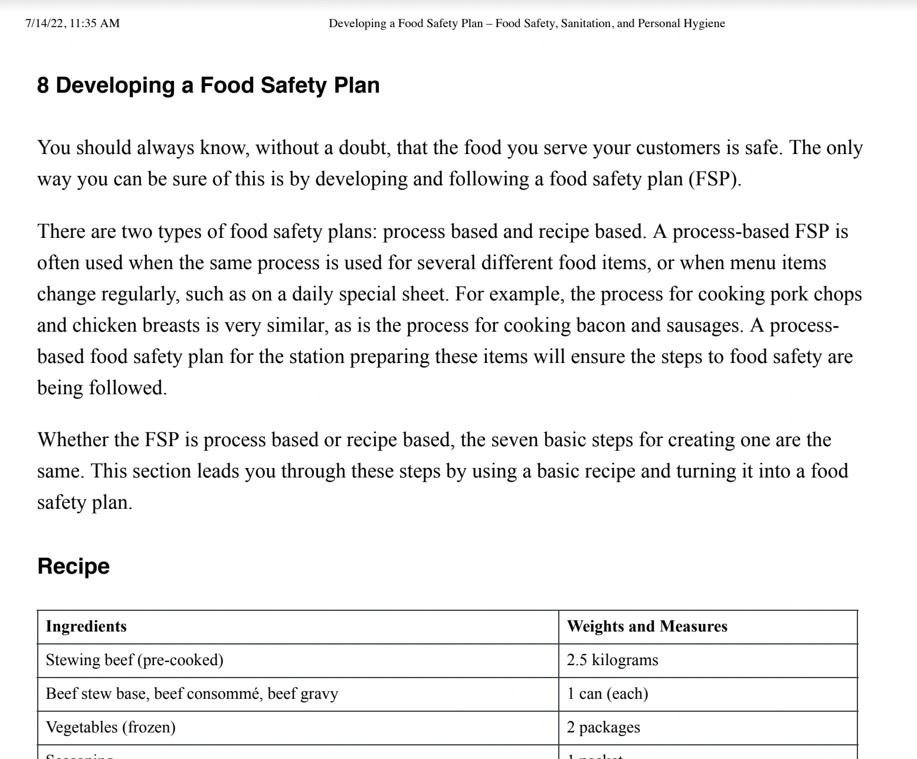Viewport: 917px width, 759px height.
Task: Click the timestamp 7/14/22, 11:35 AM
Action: click(73, 24)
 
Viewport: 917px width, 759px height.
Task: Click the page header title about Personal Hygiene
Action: click(526, 24)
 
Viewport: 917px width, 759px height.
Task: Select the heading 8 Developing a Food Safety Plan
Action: click(208, 86)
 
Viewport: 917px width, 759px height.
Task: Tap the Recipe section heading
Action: click(73, 566)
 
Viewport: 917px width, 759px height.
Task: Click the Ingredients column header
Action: click(86, 626)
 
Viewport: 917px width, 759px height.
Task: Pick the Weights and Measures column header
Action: click(647, 626)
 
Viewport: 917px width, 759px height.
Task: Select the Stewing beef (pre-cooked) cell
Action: click(135, 660)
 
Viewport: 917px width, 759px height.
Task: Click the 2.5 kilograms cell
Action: click(613, 660)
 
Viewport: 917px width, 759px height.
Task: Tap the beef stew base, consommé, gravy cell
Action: click(192, 693)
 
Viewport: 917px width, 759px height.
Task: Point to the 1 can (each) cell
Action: click(607, 693)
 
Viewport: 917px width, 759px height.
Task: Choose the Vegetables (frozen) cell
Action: click(110, 727)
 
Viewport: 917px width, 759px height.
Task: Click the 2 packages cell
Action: click(603, 727)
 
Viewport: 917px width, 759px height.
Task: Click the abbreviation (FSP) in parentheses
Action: click(715, 179)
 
